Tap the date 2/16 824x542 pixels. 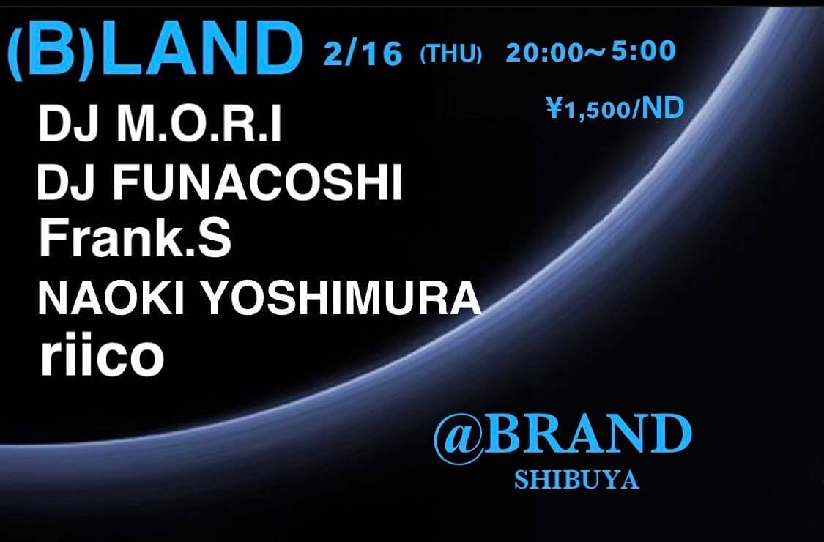click(x=362, y=53)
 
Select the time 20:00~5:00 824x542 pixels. click(x=590, y=51)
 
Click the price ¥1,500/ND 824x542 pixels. click(x=615, y=109)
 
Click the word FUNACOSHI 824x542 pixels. click(x=257, y=185)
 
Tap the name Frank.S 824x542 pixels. click(x=136, y=238)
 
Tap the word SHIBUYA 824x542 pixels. click(x=576, y=481)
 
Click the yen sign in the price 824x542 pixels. click(x=552, y=110)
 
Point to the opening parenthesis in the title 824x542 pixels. click(x=14, y=48)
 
